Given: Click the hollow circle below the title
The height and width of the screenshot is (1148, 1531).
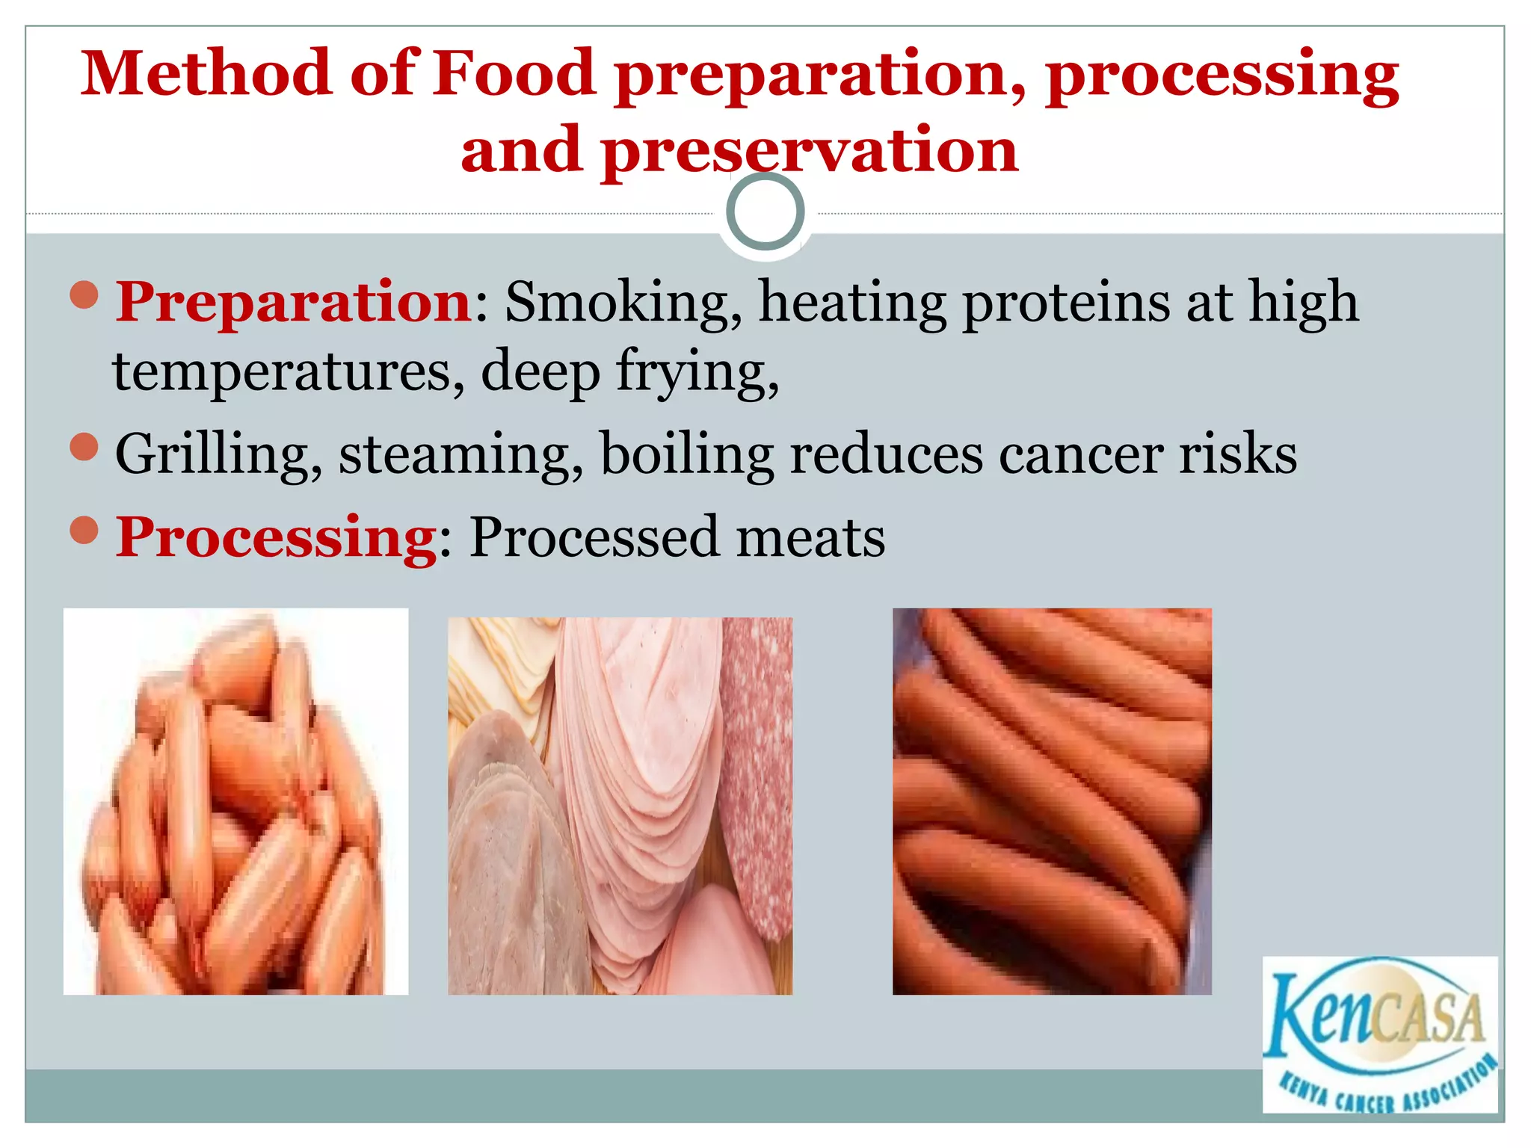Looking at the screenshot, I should (x=765, y=212).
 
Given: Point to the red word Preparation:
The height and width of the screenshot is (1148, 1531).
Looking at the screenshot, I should (x=294, y=303).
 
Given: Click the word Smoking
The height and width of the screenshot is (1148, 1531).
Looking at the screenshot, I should (x=623, y=303).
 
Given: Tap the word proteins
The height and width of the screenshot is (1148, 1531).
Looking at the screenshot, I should (x=1066, y=303).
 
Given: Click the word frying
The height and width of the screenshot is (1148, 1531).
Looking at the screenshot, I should (x=697, y=371).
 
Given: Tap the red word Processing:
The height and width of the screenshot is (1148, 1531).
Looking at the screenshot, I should (x=277, y=538).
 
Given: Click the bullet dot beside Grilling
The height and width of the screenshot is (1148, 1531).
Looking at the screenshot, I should (x=84, y=447).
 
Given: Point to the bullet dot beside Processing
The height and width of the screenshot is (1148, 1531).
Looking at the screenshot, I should (x=84, y=530).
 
